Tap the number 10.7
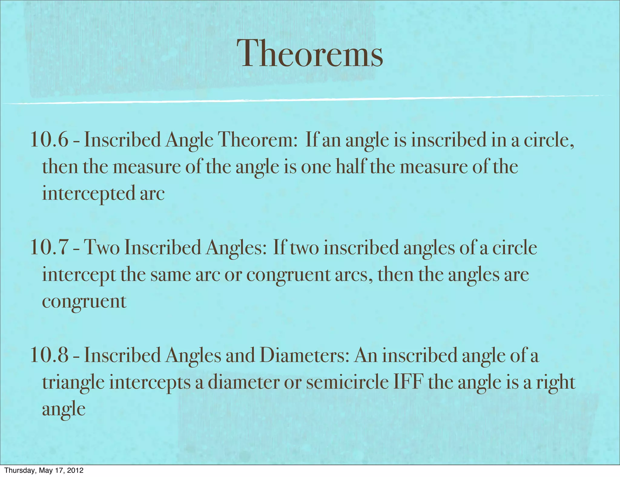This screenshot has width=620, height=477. tap(49, 247)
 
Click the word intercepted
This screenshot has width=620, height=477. tap(88, 194)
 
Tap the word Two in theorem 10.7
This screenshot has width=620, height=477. tap(101, 247)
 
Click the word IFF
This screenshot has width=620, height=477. tap(407, 382)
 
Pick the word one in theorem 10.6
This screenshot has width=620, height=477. tap(316, 167)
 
